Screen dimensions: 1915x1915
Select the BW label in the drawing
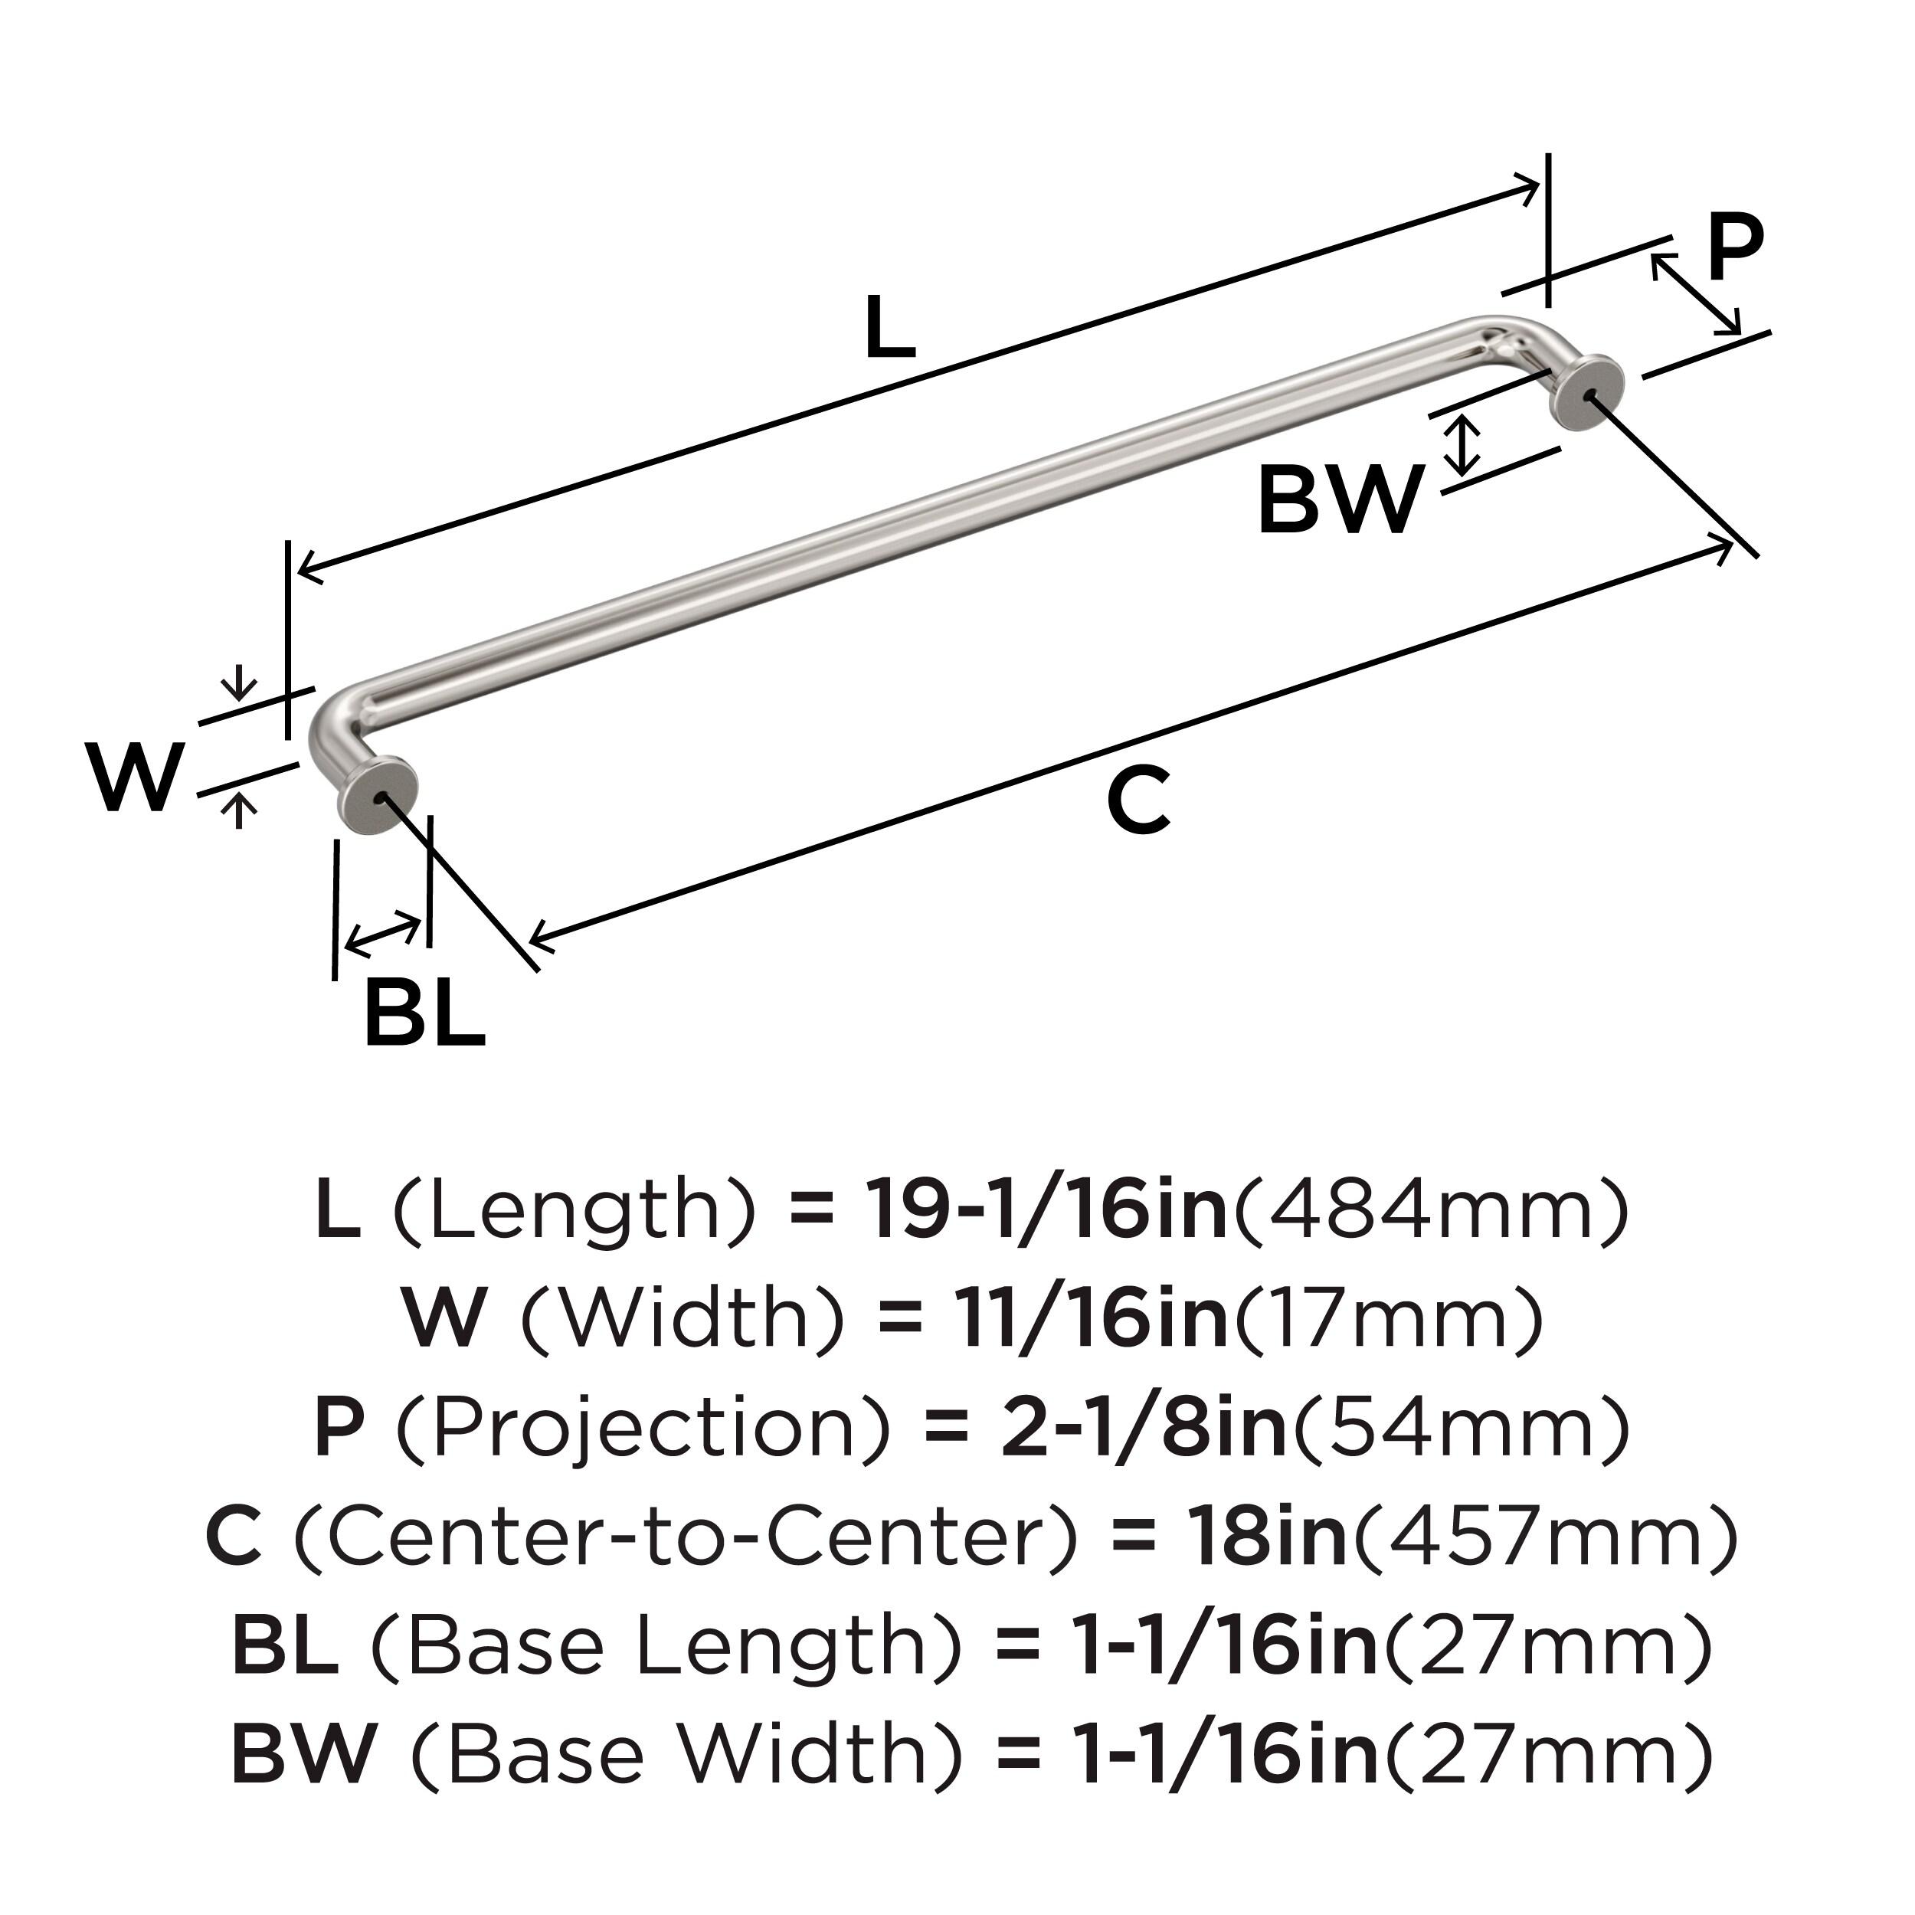[1340, 502]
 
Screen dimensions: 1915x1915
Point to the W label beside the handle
[136, 777]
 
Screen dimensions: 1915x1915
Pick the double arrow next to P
[1695, 294]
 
